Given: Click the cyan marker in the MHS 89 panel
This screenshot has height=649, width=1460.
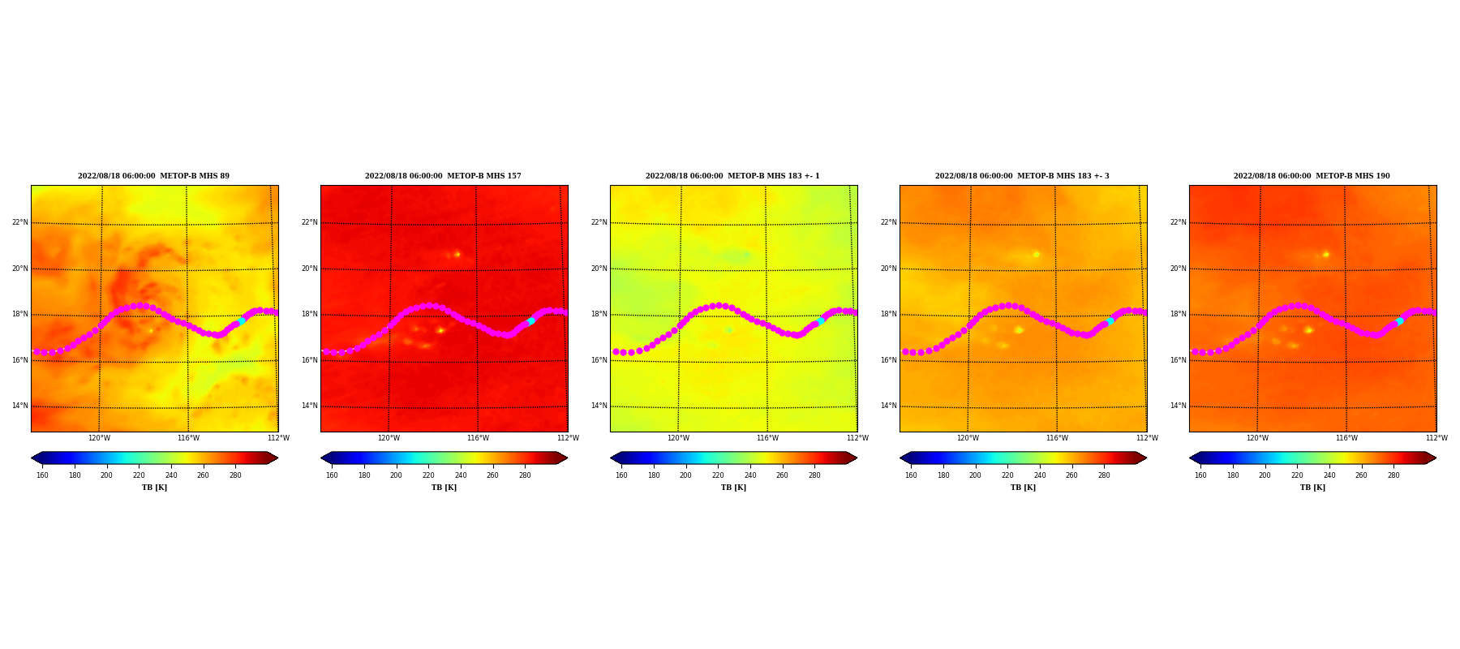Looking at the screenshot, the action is (x=242, y=320).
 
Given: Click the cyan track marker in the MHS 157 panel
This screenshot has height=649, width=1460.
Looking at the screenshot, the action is (x=531, y=320).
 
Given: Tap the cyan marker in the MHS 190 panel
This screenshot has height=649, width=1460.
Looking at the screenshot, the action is (x=1400, y=320).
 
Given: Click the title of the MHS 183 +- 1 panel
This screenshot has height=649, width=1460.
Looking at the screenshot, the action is (x=732, y=176).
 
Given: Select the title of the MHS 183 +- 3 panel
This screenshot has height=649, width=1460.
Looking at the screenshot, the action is (x=1022, y=176).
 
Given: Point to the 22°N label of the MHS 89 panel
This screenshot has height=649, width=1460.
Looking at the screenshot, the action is (x=20, y=222).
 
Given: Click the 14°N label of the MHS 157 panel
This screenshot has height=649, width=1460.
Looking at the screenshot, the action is (x=310, y=406).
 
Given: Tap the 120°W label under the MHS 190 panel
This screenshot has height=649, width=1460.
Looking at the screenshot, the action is (x=1257, y=438).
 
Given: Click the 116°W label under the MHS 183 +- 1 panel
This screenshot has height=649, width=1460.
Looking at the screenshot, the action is (x=767, y=438).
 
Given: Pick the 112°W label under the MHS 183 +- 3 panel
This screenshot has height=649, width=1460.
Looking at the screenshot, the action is (x=1147, y=438).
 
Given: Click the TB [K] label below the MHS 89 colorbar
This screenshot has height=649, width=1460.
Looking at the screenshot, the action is (x=154, y=488).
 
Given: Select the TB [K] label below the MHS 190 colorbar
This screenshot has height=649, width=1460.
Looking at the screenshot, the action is (x=1312, y=488).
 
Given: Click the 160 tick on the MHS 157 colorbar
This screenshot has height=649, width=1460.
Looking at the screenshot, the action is (x=332, y=475).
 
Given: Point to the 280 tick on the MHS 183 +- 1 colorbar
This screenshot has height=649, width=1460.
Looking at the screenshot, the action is (x=814, y=475).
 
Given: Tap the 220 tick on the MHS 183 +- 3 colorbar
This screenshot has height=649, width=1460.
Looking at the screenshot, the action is (x=1007, y=475).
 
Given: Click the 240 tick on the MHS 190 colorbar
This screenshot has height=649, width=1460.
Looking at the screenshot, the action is (x=1329, y=475).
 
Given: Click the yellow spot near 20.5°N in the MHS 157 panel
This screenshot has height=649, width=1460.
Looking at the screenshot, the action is (x=457, y=254).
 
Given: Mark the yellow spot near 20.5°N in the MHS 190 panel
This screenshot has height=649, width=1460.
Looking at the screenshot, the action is (x=1325, y=254).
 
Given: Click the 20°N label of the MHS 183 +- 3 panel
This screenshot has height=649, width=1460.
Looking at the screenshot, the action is (x=889, y=269).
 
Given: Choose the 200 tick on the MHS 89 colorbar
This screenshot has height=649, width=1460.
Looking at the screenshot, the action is (x=106, y=475).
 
